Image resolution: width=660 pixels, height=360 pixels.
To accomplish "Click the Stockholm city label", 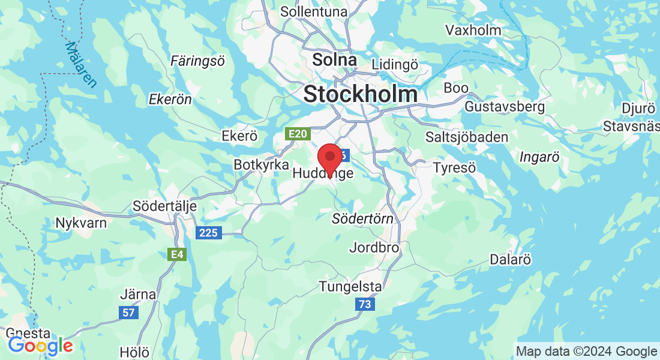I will [x=360, y=94].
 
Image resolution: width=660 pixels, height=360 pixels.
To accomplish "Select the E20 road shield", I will [x=298, y=134].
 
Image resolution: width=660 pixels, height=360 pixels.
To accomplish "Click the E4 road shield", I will [x=176, y=254].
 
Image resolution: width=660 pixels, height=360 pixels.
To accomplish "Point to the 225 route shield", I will [x=209, y=233].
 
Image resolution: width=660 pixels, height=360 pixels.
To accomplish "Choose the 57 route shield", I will [x=128, y=312].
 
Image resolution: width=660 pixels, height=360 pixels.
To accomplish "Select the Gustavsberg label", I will [x=505, y=107].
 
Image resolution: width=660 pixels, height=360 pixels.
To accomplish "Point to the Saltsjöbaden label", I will [x=466, y=137].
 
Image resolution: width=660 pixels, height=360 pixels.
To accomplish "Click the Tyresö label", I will [x=454, y=167].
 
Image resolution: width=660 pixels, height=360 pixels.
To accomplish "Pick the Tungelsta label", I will [x=350, y=286].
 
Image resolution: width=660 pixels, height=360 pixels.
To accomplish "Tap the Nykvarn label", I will [x=81, y=223].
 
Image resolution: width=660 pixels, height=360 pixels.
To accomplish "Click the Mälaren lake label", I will [x=80, y=64].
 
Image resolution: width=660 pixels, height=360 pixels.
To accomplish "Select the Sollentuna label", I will [x=313, y=11].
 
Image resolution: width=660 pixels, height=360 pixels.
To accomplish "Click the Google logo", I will [x=40, y=346].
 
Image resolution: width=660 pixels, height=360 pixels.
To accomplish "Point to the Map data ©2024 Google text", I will [x=586, y=351].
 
